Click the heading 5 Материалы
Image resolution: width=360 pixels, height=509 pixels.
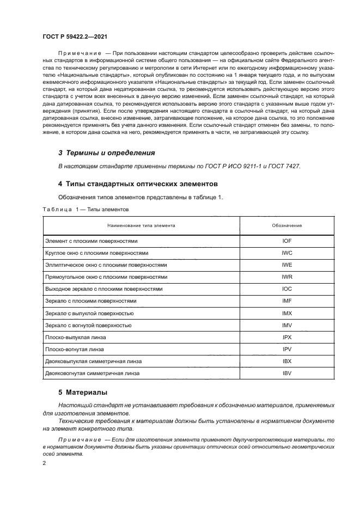pyautogui.click(x=83, y=392)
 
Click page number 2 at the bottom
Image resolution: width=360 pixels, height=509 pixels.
pyautogui.click(x=44, y=463)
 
